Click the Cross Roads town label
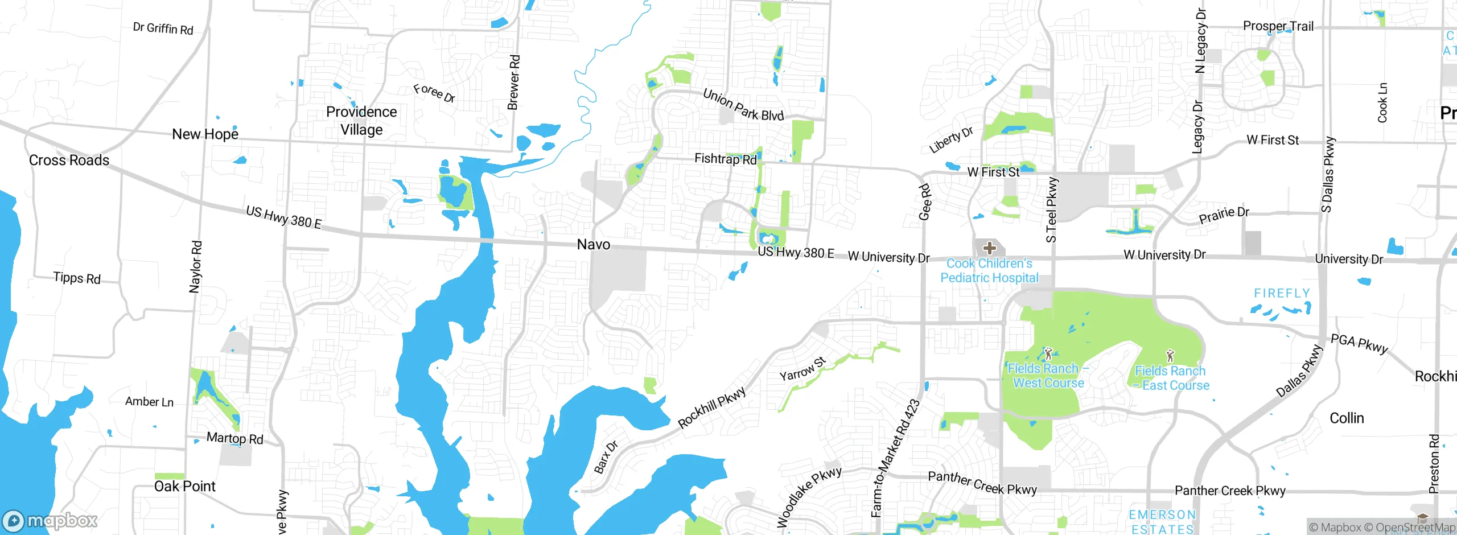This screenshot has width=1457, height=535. click(69, 160)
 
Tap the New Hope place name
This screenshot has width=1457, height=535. click(205, 134)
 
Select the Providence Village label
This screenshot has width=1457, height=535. click(361, 121)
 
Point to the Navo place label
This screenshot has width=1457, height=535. click(594, 245)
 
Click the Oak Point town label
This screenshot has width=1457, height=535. click(184, 487)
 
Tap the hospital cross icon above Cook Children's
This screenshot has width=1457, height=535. click(990, 248)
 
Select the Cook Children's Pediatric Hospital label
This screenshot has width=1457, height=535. click(989, 271)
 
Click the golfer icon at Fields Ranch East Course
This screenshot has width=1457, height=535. click(1170, 356)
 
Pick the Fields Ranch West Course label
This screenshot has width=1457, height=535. click(1048, 376)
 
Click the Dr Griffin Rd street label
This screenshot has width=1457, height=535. click(163, 28)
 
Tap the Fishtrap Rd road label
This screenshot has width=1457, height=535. click(726, 159)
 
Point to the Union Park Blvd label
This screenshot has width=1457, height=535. click(743, 105)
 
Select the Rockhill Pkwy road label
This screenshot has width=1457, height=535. click(711, 408)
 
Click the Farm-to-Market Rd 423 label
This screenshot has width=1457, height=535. click(895, 458)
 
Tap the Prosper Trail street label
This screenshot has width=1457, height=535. click(1278, 26)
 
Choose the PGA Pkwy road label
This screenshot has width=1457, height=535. click(1359, 343)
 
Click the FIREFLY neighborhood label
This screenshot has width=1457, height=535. click(1282, 294)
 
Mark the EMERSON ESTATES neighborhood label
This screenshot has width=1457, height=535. click(1162, 522)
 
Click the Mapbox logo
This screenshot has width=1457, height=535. click(50, 520)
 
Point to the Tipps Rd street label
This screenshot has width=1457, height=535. click(77, 278)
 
